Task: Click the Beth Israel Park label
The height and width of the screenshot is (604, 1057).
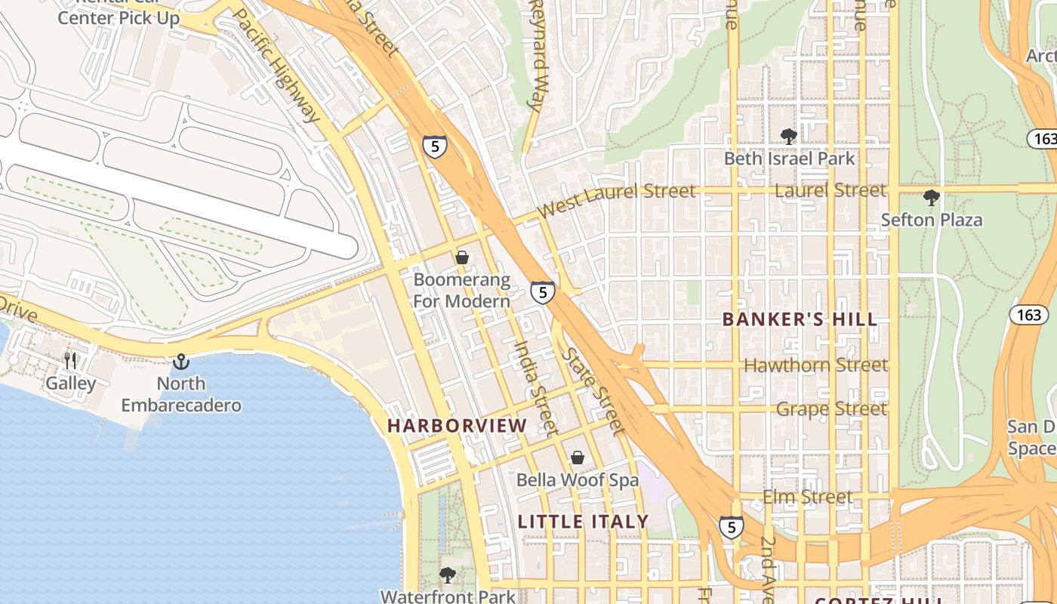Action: click(x=789, y=159)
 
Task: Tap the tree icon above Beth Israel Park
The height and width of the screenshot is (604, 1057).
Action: click(x=789, y=137)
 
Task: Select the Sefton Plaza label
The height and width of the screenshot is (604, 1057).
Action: click(x=932, y=220)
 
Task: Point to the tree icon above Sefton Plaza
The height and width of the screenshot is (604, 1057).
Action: click(x=932, y=198)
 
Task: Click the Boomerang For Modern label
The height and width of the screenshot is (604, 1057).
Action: click(x=461, y=291)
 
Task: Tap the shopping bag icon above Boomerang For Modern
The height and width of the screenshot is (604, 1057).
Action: click(x=462, y=258)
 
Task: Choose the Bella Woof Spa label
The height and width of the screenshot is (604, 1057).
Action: click(x=577, y=480)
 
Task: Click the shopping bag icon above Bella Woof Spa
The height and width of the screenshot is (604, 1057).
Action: click(x=578, y=458)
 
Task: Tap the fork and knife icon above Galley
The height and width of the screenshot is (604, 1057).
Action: click(x=71, y=361)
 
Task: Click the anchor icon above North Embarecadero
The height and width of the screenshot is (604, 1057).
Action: click(x=181, y=362)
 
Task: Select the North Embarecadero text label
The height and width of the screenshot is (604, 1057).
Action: click(x=181, y=394)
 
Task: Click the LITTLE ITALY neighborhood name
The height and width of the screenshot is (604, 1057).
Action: click(x=583, y=522)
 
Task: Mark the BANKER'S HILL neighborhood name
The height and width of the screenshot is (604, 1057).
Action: click(x=800, y=319)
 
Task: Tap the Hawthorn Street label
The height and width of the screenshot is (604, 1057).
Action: click(x=815, y=365)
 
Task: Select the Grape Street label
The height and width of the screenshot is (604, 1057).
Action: click(x=831, y=409)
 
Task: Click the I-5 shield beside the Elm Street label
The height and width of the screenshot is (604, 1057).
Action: click(x=731, y=527)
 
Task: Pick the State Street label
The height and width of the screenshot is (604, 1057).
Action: click(x=595, y=391)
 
